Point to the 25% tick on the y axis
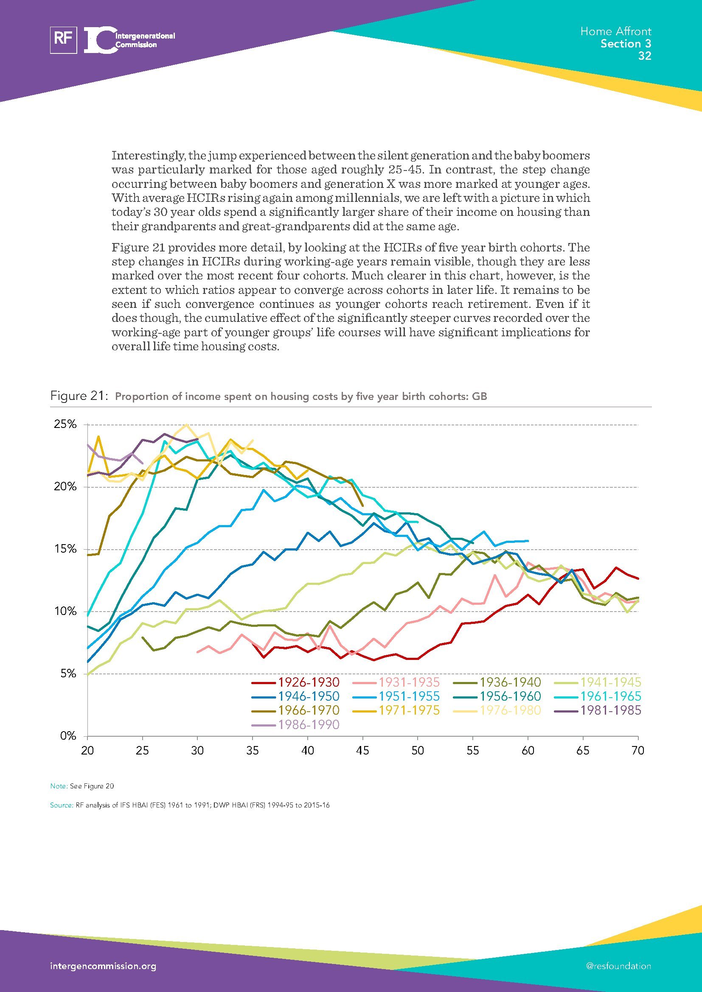point(65,424)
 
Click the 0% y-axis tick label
point(68,736)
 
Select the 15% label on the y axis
point(65,549)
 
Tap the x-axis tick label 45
point(362,751)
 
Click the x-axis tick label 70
point(637,751)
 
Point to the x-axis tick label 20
point(88,751)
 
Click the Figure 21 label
point(79,396)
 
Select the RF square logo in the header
point(64,40)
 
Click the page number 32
point(645,56)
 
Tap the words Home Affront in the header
point(615,31)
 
